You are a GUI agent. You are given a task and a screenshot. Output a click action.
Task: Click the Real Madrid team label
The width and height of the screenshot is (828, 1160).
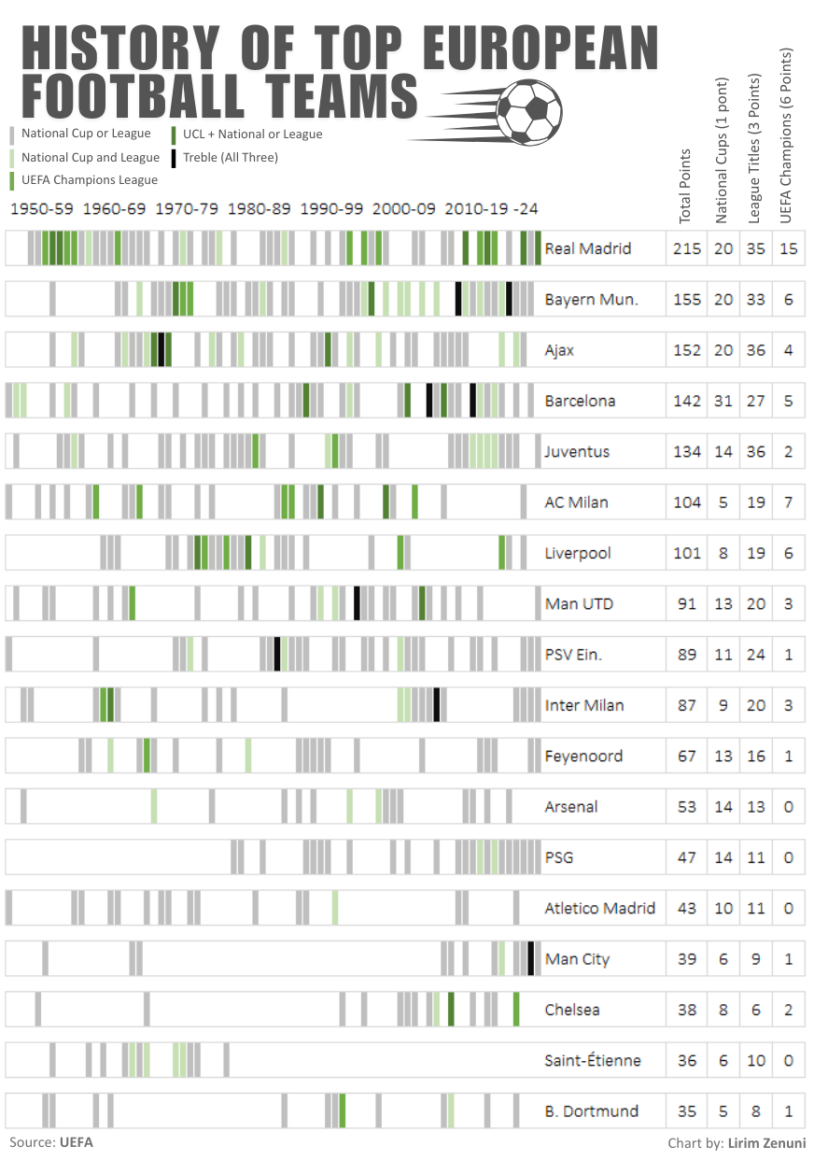[x=588, y=248]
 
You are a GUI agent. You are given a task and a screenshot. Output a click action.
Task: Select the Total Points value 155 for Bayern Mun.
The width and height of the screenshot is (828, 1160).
[x=687, y=300]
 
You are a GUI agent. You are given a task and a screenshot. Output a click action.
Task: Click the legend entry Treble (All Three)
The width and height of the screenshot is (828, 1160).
[x=230, y=157]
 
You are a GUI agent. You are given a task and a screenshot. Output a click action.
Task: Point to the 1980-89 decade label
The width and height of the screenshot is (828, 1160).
[x=260, y=209]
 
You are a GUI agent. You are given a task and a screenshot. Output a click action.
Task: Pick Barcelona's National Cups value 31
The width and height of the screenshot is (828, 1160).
[x=723, y=401]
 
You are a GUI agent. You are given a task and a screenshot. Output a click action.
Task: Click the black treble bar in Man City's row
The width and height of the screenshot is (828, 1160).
[x=530, y=958]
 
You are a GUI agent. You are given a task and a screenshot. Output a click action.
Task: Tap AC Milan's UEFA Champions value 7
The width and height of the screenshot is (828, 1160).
[x=789, y=502]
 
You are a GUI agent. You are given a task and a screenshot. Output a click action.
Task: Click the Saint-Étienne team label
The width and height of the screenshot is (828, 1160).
[x=593, y=1060]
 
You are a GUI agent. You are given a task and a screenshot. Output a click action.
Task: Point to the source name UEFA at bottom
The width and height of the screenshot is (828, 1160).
[x=77, y=1141]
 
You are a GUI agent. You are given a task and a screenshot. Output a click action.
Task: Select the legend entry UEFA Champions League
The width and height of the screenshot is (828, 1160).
[x=90, y=179]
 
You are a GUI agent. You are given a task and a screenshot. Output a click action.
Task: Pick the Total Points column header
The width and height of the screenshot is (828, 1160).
[x=685, y=185]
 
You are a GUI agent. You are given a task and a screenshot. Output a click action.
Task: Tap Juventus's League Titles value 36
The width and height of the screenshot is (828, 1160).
[x=756, y=452]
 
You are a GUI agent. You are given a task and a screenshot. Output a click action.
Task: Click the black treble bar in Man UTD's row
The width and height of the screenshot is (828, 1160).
[x=357, y=603]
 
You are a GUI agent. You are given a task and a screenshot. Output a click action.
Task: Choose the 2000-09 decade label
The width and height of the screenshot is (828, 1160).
[x=404, y=209]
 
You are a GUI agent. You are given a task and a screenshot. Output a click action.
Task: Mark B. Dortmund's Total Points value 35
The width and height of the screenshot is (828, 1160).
[x=687, y=1111]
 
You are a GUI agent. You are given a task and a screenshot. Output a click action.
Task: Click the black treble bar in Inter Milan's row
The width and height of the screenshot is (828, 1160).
[x=437, y=705]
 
